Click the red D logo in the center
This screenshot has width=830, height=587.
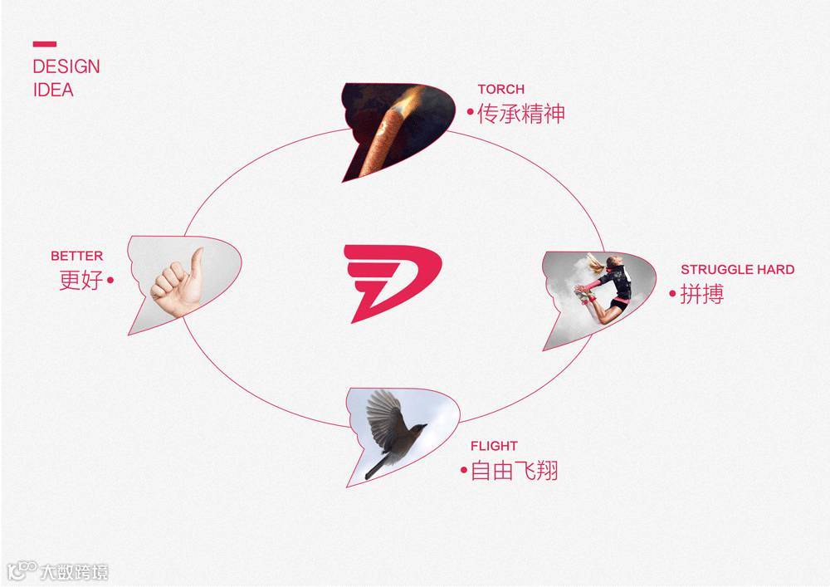click(393, 283)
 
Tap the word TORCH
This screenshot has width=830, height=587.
click(500, 89)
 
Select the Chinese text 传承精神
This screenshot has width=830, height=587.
click(520, 113)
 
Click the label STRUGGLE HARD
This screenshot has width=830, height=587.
click(737, 269)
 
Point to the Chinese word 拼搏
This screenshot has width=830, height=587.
click(701, 294)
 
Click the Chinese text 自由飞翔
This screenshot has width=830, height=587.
click(514, 471)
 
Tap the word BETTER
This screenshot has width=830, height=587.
click(76, 256)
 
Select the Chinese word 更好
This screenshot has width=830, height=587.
click(81, 280)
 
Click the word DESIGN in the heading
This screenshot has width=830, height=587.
click(66, 67)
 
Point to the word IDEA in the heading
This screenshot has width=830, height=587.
click(53, 90)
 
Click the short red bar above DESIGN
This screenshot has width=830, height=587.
click(45, 44)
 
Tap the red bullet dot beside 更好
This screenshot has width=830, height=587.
click(110, 281)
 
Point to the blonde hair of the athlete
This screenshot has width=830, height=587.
click(595, 265)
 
